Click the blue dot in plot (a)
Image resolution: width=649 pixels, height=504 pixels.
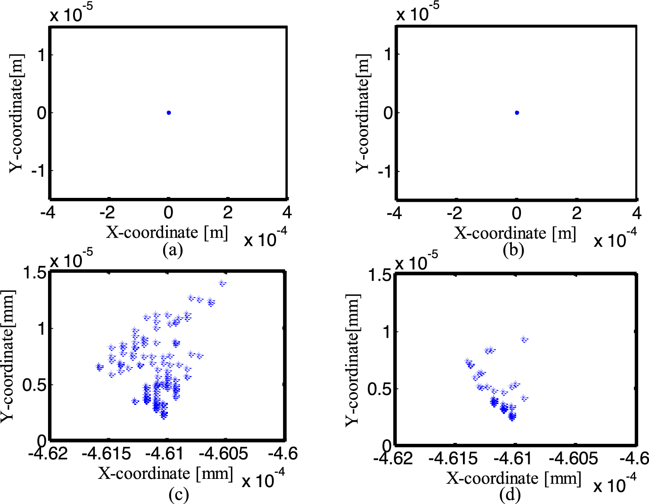169,113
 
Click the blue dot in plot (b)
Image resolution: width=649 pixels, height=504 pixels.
517,113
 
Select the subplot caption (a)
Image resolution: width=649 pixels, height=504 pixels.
173,250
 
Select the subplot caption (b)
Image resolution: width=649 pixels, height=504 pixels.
513,250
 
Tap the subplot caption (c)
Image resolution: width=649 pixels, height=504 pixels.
178,494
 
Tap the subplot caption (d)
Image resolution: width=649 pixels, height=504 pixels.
510,494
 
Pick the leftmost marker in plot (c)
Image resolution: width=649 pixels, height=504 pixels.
99,367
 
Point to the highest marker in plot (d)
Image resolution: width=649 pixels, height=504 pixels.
524,339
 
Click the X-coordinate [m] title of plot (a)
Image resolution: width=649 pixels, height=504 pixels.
167,233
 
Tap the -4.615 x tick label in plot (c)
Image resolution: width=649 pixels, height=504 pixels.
106,454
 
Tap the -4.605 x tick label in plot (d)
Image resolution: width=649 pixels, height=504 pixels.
574,458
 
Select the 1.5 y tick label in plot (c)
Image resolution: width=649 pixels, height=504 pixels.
35,273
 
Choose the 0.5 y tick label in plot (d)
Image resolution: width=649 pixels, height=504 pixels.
379,389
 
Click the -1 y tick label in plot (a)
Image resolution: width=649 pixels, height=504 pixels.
38,171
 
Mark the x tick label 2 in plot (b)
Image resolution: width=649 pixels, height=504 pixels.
576,213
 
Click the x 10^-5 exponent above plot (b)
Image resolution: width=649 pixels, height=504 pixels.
418,13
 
